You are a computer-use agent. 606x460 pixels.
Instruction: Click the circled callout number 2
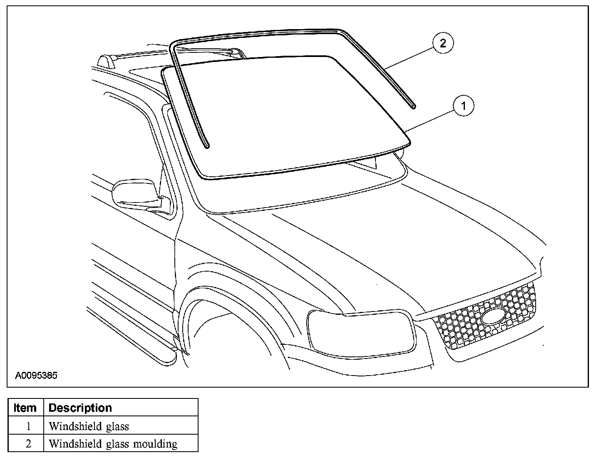click(x=442, y=43)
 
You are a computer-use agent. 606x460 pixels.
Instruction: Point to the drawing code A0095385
click(x=36, y=376)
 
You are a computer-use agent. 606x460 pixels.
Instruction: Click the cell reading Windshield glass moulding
click(x=113, y=444)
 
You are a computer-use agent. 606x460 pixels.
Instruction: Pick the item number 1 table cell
click(x=28, y=426)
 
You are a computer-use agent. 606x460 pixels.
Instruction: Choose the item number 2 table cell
click(x=28, y=444)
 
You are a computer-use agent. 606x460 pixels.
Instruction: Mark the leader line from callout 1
click(x=431, y=119)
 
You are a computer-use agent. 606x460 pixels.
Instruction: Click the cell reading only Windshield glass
click(x=89, y=426)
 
